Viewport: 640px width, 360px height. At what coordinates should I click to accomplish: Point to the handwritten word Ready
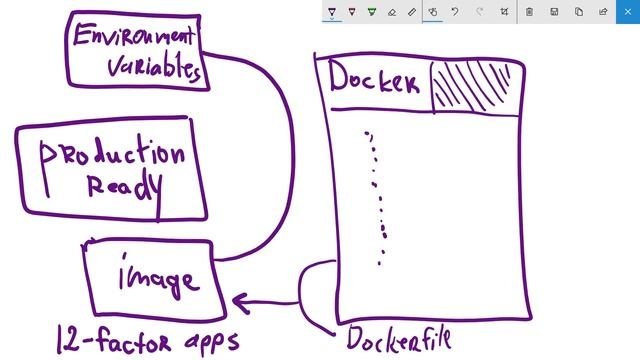(x=121, y=188)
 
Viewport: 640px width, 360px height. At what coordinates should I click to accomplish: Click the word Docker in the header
(x=373, y=82)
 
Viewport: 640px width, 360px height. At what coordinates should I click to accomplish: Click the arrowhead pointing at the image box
(x=240, y=299)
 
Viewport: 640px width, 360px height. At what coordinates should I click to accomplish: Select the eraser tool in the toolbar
(x=391, y=11)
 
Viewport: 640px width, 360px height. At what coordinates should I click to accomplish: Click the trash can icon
(x=529, y=11)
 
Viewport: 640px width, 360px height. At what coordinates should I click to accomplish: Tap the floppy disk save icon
(x=554, y=11)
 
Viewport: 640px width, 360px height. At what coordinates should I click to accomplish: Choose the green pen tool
(x=372, y=11)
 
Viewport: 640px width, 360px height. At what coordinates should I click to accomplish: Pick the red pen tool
(x=352, y=11)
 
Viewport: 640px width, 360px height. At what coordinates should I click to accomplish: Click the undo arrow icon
(x=455, y=11)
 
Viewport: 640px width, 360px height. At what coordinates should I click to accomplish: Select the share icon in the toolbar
(x=603, y=11)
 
